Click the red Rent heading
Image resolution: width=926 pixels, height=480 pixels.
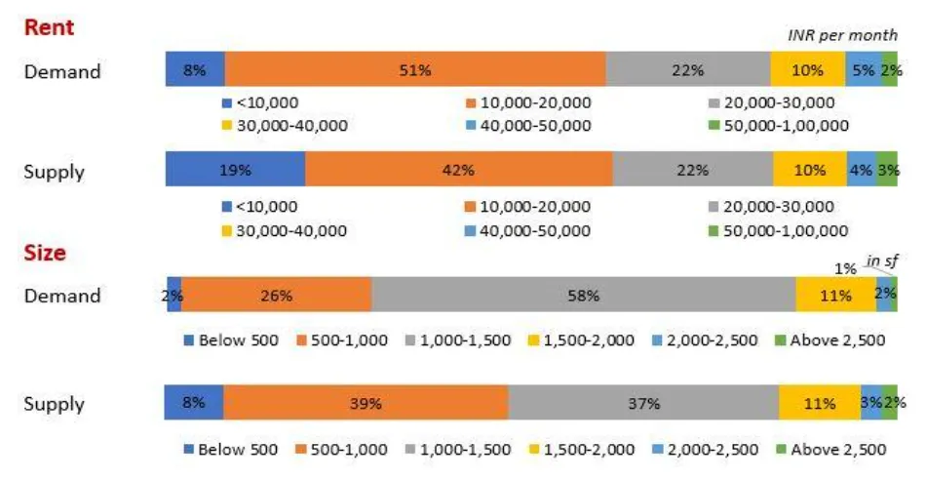click(49, 26)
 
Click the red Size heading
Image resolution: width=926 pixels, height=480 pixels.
click(46, 253)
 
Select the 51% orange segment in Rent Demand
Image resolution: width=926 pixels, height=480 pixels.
click(415, 70)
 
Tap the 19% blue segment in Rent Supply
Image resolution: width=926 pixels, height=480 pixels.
click(235, 170)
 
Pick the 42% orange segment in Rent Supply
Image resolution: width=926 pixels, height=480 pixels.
click(458, 170)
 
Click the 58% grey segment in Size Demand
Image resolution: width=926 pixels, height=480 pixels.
click(583, 295)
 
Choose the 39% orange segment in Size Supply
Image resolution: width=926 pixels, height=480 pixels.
click(366, 403)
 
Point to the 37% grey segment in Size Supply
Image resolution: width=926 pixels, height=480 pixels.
click(643, 403)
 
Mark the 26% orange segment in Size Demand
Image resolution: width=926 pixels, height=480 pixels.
click(276, 295)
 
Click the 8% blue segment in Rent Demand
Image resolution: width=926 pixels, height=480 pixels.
click(195, 70)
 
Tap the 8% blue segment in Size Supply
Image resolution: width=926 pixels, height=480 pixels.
click(194, 403)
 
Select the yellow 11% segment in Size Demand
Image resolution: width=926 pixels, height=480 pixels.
click(835, 295)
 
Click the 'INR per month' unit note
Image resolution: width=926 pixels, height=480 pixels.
click(842, 36)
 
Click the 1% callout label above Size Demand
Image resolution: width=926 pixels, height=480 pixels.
click(844, 268)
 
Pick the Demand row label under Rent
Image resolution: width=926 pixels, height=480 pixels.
click(62, 71)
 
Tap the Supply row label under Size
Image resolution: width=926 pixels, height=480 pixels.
click(55, 404)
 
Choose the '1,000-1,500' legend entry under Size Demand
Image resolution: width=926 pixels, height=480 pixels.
click(463, 340)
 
